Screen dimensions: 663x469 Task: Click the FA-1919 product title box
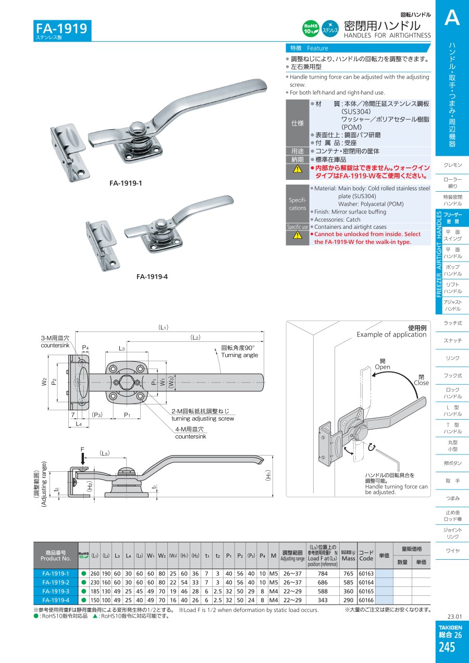pos(63,30)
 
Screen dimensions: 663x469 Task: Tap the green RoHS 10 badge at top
pos(311,29)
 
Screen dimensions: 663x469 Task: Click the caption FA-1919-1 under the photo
pos(126,183)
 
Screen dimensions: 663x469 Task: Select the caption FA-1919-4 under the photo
pos(152,277)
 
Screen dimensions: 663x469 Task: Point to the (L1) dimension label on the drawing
pos(163,327)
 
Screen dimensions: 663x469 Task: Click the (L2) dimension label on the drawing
pos(195,338)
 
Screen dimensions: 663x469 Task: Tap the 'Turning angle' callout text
pos(239,355)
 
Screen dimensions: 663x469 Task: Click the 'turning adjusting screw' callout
pos(203,419)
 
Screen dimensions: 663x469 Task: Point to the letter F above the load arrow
pos(82,449)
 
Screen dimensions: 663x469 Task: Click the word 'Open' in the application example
pos(382,367)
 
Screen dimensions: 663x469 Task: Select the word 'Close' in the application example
pos(421,383)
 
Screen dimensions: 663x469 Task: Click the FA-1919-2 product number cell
pos(56,582)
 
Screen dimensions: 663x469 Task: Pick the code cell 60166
pos(366,600)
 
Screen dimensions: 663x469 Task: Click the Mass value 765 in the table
pos(348,573)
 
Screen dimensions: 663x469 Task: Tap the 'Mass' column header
pos(348,558)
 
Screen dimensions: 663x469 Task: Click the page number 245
pos(447,647)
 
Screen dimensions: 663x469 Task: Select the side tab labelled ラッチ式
pos(452,323)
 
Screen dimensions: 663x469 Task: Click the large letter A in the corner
pos(452,18)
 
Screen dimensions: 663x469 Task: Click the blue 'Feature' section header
pos(317,48)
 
